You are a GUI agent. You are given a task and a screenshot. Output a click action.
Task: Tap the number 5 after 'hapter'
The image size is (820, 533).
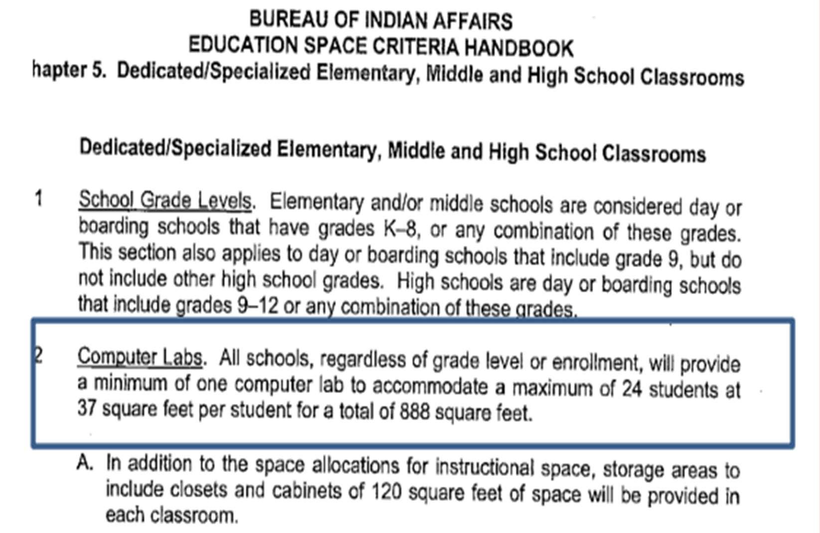point(97,71)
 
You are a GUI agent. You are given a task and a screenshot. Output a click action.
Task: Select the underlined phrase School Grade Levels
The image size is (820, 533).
point(165,200)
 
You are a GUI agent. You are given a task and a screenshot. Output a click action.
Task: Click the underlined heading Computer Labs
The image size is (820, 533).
point(140,357)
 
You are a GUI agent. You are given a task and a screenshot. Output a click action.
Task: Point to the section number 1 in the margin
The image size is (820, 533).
point(38,199)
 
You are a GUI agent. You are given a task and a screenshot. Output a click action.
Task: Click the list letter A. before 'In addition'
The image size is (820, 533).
point(85,463)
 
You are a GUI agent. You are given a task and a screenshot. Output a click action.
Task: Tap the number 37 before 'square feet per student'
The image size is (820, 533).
point(87,409)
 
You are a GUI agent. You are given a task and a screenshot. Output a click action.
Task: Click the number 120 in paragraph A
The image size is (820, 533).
point(386,492)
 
